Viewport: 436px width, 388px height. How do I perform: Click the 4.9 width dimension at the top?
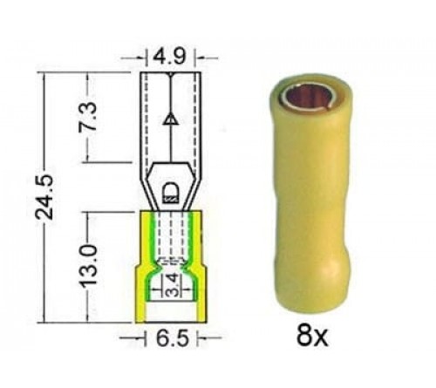[171, 58]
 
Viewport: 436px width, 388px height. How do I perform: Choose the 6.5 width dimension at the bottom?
[171, 336]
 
